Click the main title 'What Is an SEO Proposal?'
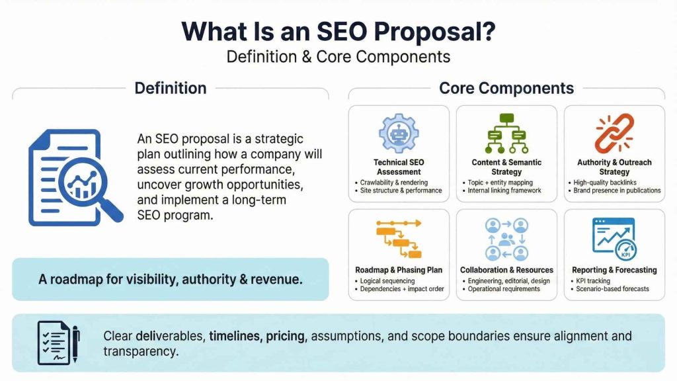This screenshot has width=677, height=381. tap(338, 31)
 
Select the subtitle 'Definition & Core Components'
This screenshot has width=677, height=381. tap(338, 56)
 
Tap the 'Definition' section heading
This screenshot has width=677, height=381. tap(171, 88)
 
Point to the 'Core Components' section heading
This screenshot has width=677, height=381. tap(506, 88)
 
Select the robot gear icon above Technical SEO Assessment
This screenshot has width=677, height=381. tap(399, 134)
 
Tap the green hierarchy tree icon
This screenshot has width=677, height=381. tap(506, 134)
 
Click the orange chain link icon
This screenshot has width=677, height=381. tap(614, 134)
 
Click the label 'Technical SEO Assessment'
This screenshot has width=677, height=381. tap(399, 167)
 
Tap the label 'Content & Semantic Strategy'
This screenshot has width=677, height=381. tap(506, 167)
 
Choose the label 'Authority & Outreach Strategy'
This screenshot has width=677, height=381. tap(614, 167)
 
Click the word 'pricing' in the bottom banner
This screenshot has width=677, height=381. tap(286, 336)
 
